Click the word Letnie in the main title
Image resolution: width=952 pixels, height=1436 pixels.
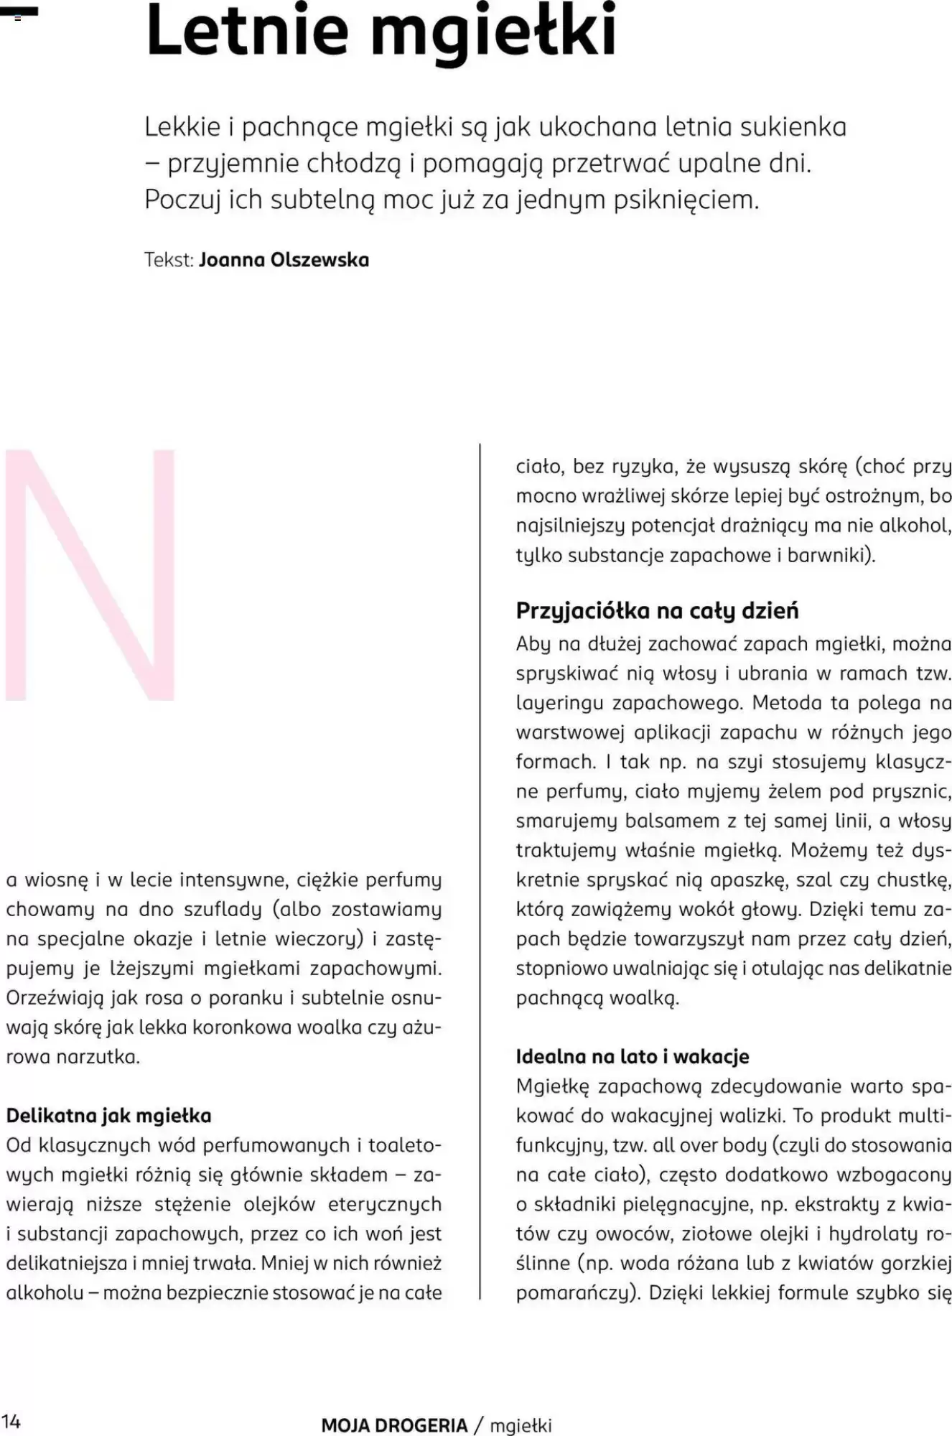248,32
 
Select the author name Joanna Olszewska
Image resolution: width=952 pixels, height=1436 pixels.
284,259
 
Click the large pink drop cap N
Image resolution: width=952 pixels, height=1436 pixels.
90,574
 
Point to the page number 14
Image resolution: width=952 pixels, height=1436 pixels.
11,1421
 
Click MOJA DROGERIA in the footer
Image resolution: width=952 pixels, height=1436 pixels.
394,1425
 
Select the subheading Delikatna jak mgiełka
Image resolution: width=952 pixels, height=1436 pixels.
109,1115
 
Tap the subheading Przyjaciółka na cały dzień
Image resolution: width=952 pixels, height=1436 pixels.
657,610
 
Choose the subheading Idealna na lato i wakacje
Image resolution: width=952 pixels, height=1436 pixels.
632,1056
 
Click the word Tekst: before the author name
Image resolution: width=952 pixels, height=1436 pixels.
169,259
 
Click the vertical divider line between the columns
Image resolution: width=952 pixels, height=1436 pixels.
479,862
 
